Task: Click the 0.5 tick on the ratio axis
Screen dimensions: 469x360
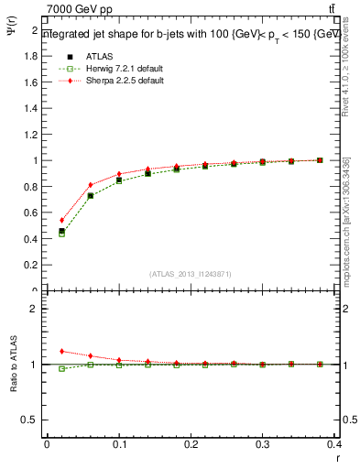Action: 30,420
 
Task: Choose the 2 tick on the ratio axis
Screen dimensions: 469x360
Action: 33,309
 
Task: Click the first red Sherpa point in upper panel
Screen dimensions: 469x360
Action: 61,220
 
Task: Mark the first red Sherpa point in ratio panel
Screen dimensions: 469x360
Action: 61,351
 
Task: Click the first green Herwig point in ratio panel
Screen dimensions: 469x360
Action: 61,368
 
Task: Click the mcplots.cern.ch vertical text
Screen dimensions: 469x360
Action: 346,220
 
